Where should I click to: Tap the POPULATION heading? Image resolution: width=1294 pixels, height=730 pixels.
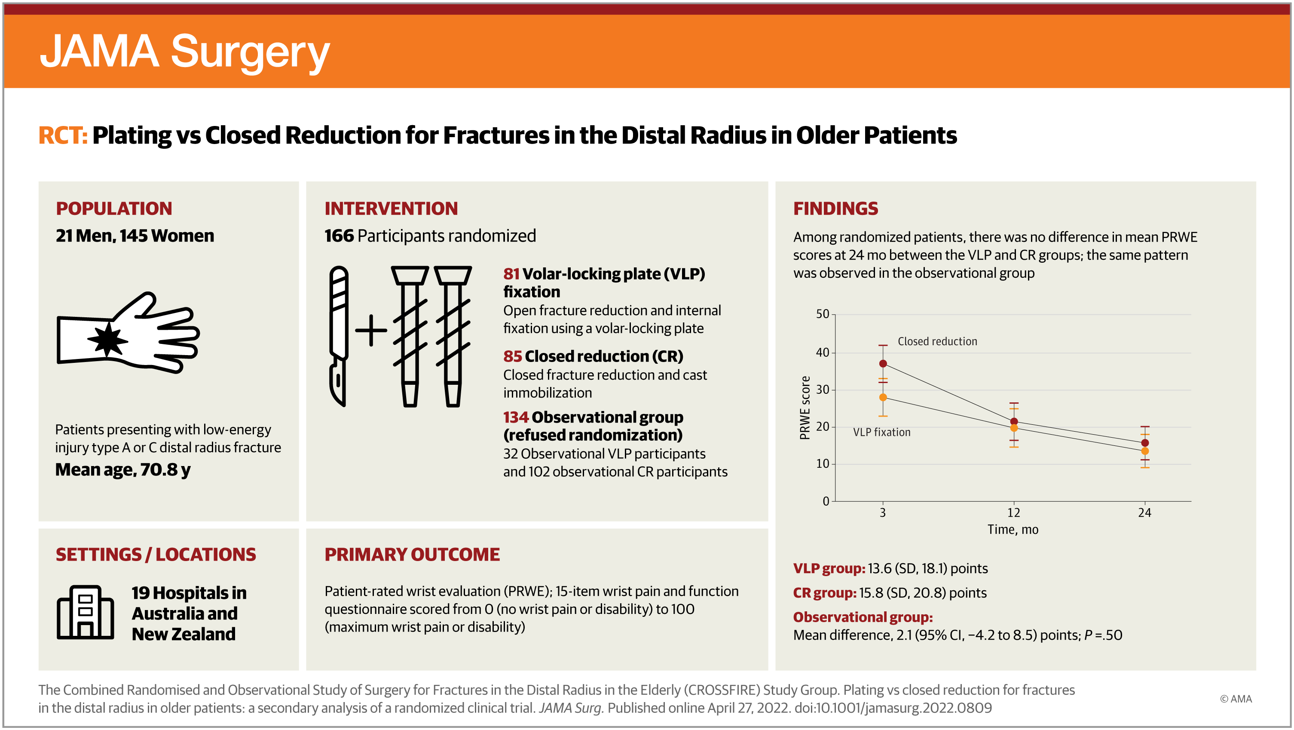(114, 209)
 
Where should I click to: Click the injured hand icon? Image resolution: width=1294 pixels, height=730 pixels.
(128, 333)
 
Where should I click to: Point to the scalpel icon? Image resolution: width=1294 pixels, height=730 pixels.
(339, 336)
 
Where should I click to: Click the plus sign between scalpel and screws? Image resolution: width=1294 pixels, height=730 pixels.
(371, 331)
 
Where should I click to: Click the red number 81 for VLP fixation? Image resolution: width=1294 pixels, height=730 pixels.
(511, 274)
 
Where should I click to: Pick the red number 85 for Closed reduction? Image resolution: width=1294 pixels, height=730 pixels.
(512, 356)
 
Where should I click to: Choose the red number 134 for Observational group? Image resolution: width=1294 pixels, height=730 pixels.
(516, 417)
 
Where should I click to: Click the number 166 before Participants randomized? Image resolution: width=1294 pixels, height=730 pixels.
(339, 236)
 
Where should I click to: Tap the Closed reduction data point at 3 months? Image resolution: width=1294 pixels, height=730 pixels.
(883, 364)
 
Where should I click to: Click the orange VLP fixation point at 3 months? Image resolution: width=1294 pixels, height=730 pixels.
(883, 397)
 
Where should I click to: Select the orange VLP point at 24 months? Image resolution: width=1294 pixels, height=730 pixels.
(1145, 451)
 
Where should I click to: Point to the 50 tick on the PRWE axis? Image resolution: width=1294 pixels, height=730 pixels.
(822, 314)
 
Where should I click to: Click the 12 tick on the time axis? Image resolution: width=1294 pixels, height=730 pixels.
(1014, 512)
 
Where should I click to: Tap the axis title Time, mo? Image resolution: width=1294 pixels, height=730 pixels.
(1013, 530)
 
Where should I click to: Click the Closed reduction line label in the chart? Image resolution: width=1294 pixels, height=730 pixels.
(937, 342)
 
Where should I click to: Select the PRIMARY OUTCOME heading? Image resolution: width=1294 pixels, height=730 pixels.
(412, 555)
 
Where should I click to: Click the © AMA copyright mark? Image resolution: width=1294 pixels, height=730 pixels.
(1236, 699)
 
